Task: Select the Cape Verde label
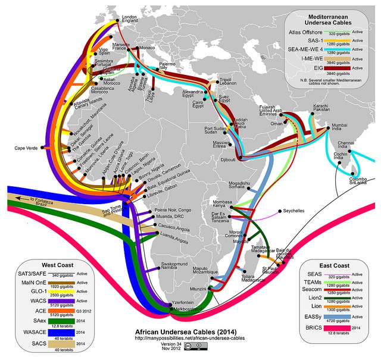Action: tap(26, 148)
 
